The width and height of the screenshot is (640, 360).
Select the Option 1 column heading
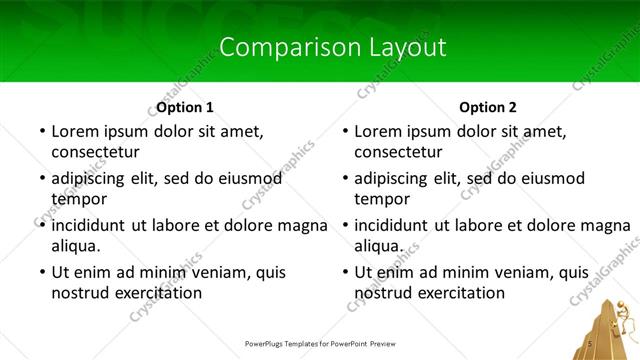(x=185, y=107)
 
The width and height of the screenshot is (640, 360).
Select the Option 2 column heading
(x=488, y=107)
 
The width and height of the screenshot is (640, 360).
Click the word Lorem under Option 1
(x=77, y=131)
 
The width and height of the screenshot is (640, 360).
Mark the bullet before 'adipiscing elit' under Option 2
(x=344, y=178)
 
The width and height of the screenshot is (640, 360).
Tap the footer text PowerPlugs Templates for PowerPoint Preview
(x=320, y=343)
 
